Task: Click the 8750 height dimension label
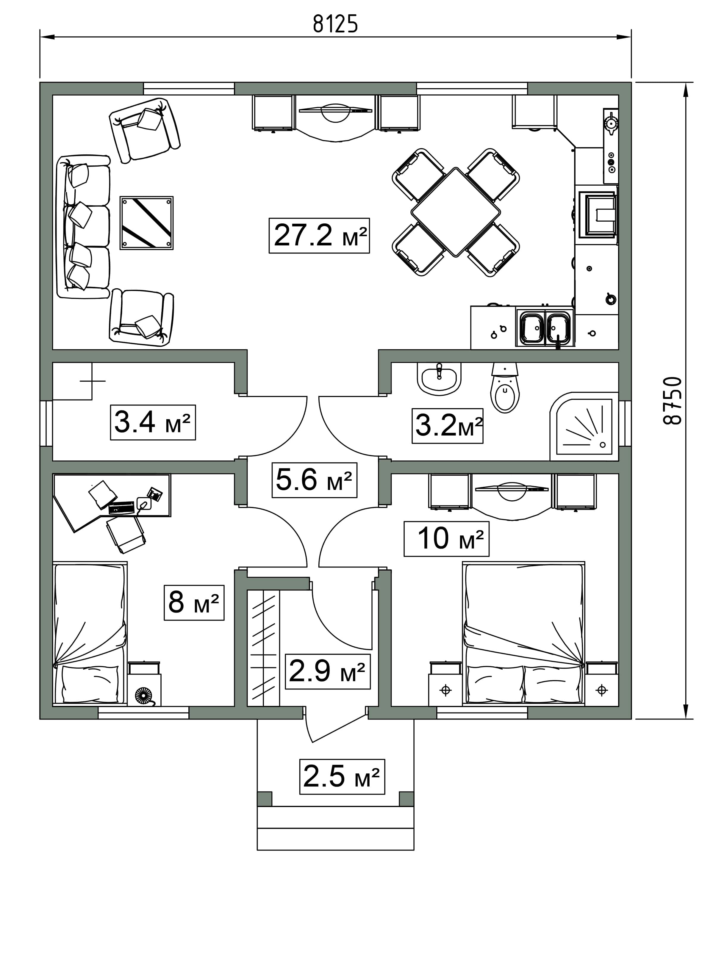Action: pos(673,401)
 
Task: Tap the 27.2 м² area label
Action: pos(319,236)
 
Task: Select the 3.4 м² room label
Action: pos(153,422)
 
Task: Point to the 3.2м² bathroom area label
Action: pos(447,426)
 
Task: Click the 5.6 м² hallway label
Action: pos(314,480)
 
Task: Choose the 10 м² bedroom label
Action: pos(446,539)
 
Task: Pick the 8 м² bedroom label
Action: pos(194,602)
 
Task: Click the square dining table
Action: pos(456,212)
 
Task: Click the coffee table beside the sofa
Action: pos(147,223)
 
